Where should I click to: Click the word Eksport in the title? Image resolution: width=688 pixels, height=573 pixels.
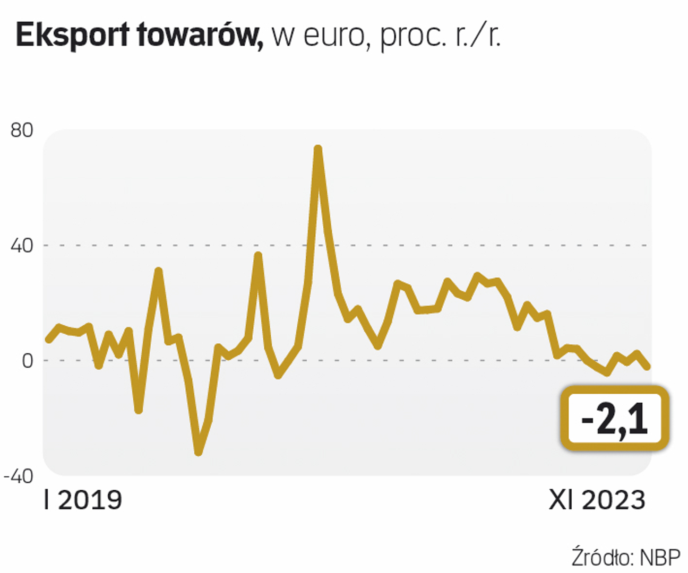(x=72, y=36)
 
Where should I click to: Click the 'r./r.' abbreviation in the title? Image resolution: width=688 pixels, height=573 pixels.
(x=478, y=35)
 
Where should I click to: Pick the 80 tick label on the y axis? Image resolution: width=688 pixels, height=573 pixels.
(x=22, y=130)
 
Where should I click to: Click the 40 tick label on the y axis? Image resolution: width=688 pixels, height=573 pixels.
(x=22, y=246)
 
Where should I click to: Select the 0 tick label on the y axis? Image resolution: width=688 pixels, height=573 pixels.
(x=27, y=361)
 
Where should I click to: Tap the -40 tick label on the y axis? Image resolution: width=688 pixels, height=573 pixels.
(x=19, y=476)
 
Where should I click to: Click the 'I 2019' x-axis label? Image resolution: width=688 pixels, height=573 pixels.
(x=83, y=500)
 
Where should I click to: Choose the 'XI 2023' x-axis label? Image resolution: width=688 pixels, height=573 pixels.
(x=597, y=500)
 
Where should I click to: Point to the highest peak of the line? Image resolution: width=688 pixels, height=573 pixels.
(x=318, y=149)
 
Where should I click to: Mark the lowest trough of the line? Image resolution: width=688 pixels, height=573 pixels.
(x=199, y=452)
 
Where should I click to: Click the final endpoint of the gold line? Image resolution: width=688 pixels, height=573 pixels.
(x=647, y=367)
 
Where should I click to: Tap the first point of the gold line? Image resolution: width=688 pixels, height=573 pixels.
(x=48, y=339)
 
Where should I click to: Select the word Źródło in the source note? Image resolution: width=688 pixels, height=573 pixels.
(x=603, y=558)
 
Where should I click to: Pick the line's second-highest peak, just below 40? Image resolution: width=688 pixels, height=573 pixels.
(x=258, y=255)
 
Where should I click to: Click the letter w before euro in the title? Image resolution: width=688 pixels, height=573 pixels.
(x=281, y=37)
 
